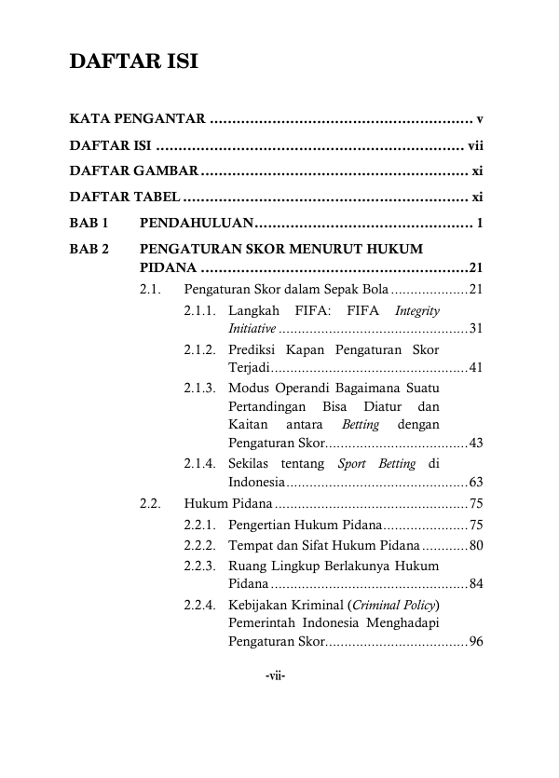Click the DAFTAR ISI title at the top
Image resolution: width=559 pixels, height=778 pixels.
[133, 63]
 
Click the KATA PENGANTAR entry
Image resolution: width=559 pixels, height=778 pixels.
[137, 119]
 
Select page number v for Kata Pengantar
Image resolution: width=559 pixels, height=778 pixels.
[479, 119]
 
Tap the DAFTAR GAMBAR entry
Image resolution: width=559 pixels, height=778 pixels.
[133, 171]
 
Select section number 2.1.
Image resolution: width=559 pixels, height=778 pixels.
[151, 290]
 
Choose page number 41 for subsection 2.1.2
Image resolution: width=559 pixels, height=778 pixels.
[475, 368]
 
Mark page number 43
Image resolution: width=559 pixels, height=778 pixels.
[475, 443]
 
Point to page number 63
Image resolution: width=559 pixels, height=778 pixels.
[475, 483]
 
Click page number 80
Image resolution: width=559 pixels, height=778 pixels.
[475, 545]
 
